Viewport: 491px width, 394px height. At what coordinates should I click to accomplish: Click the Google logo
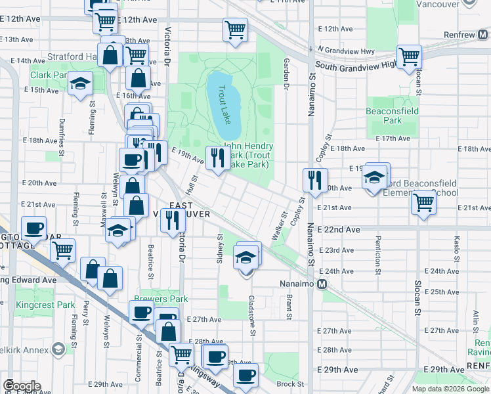click(x=21, y=386)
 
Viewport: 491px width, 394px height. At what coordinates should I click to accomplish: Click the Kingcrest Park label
click(x=56, y=305)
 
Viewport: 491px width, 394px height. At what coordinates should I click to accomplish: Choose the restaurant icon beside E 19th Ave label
click(x=217, y=157)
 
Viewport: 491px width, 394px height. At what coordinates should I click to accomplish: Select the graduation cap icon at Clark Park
click(x=81, y=84)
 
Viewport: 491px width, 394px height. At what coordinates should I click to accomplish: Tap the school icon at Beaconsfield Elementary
click(x=375, y=177)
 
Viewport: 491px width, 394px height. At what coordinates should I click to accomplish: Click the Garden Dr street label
click(x=286, y=73)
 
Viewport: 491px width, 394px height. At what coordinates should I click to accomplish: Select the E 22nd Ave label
click(x=339, y=230)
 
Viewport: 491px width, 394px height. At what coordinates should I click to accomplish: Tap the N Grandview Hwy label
click(x=345, y=50)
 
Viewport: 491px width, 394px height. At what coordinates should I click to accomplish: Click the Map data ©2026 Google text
click(x=450, y=389)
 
